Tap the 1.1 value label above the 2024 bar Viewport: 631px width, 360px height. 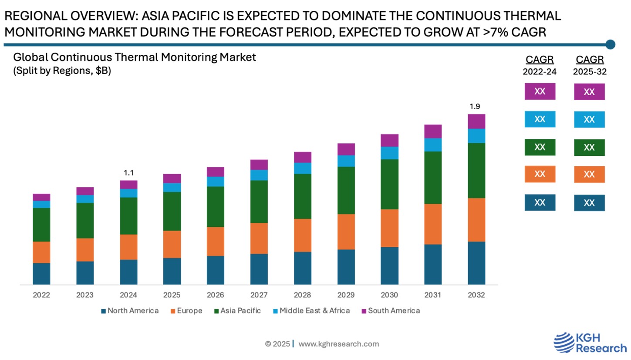tap(128, 173)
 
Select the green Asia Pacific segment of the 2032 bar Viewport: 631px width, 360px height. tap(476, 170)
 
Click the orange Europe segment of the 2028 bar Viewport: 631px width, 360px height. tap(303, 235)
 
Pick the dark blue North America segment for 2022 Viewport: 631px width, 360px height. tap(41, 274)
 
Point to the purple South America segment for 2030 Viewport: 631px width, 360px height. tap(389, 140)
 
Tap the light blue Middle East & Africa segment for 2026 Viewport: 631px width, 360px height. tap(216, 182)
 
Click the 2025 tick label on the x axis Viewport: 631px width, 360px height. tap(172, 295)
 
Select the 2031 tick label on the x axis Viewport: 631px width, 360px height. tap(433, 295)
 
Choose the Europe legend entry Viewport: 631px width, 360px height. tap(186, 311)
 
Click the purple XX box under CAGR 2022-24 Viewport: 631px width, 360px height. tap(540, 92)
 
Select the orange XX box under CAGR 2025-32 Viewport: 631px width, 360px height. tap(589, 175)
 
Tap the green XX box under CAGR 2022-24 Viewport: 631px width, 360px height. tap(540, 147)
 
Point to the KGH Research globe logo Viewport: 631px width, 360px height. tap(564, 342)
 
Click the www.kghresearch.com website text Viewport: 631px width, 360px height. tap(338, 344)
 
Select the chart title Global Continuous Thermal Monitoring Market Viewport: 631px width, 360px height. tap(135, 57)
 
